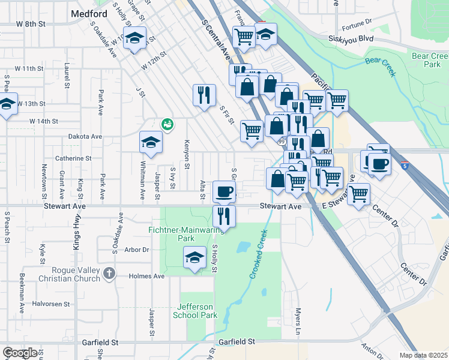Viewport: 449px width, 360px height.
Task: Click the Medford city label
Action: click(88, 13)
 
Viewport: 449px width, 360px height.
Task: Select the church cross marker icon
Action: click(109, 274)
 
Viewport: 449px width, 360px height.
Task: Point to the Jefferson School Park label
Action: click(195, 310)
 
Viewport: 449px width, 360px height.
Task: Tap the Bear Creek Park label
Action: click(430, 59)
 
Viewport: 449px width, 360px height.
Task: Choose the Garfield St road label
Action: click(237, 341)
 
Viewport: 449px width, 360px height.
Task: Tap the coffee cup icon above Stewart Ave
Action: click(224, 192)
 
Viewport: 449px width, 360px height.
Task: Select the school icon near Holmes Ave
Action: click(194, 258)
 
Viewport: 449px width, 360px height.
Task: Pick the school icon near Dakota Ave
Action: click(151, 142)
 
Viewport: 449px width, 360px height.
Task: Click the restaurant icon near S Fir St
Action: click(204, 94)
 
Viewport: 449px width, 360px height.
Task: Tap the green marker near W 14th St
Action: click(167, 124)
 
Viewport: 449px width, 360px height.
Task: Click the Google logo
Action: click(20, 353)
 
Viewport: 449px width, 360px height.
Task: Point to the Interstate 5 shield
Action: click(406, 165)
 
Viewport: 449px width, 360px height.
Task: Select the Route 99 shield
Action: click(280, 142)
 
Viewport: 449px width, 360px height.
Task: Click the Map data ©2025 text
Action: click(424, 355)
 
